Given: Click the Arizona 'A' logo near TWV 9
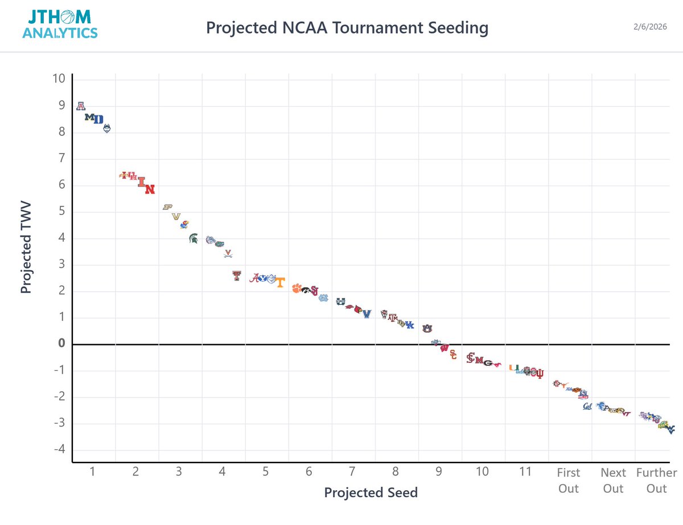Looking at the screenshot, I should point(81,106).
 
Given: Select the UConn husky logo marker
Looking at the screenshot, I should point(107,129).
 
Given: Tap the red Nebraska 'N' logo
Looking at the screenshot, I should point(150,189).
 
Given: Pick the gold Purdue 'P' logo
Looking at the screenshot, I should point(167,207).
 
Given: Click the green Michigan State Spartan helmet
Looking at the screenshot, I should point(194,238).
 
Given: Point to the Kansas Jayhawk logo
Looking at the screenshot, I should point(184,224).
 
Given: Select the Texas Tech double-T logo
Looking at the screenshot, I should point(237,276).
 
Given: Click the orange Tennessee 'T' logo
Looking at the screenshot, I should point(280,283).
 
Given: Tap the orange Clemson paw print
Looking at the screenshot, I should point(295,288).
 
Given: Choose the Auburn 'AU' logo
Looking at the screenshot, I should point(427,328).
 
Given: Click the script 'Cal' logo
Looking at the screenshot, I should point(587,406).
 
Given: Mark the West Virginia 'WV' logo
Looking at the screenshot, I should point(670,428).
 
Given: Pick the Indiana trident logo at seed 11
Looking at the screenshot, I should point(540,374).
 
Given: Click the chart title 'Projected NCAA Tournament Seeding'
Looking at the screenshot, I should point(347,27).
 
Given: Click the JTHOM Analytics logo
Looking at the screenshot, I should point(60,25).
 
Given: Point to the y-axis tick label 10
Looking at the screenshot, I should point(59,78).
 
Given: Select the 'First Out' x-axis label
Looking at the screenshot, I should point(568,481).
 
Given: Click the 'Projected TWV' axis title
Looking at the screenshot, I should point(26,246).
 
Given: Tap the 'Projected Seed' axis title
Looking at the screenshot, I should point(371,492).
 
